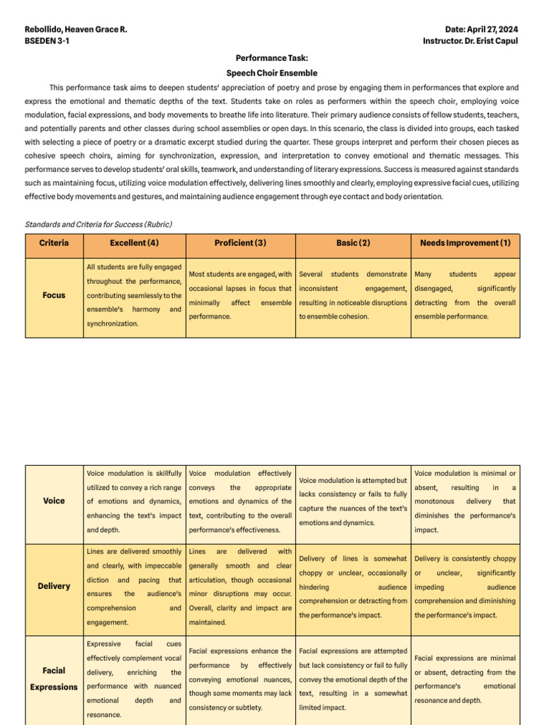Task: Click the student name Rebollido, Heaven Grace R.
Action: (76, 30)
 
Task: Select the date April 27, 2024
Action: (481, 30)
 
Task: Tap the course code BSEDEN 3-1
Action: (47, 41)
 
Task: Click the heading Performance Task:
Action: (272, 58)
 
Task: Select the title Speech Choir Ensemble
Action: (272, 73)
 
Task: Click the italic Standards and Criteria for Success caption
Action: (98, 224)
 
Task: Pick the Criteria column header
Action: (54, 243)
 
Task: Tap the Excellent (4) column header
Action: (135, 243)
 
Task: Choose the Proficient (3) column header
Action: (240, 243)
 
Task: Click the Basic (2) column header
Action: (353, 243)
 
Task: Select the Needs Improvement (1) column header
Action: (465, 243)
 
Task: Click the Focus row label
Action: (54, 295)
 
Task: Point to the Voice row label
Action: (54, 501)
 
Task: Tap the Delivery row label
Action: (54, 586)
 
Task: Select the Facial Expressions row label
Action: (54, 678)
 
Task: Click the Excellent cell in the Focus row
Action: (134, 295)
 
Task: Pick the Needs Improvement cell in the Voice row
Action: (465, 501)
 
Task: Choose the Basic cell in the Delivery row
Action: (353, 587)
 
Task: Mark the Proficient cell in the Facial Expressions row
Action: (240, 679)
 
